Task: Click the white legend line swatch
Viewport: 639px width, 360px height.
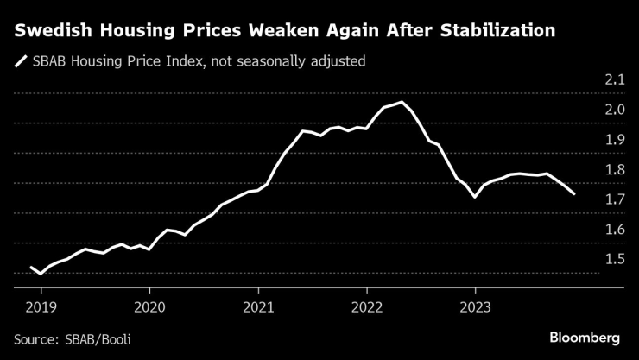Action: (19, 60)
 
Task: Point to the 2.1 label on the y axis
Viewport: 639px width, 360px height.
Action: (614, 79)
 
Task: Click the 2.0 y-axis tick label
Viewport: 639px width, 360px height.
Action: (614, 110)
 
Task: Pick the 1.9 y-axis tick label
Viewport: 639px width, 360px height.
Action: (614, 140)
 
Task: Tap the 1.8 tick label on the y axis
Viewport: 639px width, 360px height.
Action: (614, 170)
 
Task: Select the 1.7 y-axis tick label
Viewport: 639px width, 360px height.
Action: (614, 199)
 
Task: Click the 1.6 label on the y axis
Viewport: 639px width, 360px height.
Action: (614, 230)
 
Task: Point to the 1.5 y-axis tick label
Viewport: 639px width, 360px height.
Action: (614, 260)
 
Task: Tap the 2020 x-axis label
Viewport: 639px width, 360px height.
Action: (149, 306)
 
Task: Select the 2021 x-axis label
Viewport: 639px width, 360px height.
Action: (258, 306)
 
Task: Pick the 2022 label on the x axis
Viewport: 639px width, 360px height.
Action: (367, 306)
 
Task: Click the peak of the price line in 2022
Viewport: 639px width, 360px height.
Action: (402, 102)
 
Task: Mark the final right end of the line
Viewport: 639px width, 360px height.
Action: (575, 194)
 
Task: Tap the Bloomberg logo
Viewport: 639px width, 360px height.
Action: (585, 336)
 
